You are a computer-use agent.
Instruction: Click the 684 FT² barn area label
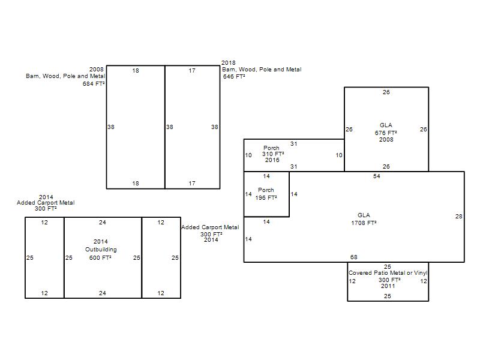pos(94,83)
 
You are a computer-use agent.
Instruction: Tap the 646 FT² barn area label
pos(234,77)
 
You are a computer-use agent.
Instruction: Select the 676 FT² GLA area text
pos(386,133)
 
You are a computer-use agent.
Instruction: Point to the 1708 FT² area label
pos(364,223)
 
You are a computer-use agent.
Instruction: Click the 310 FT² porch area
pos(273,154)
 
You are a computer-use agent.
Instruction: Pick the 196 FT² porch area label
pos(266,198)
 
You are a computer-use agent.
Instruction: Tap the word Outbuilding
pos(101,250)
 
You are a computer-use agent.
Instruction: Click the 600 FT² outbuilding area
pos(100,258)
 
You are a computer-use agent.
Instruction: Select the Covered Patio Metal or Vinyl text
pos(388,273)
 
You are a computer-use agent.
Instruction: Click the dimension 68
pos(353,257)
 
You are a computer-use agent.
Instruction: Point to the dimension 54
pos(377,176)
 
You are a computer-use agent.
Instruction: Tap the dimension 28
pos(458,217)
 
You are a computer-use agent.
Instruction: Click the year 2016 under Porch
pos(272,160)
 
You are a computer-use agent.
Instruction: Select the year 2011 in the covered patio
pos(388,286)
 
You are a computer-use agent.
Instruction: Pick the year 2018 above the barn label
pos(229,63)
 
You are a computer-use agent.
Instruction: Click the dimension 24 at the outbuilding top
pos(102,223)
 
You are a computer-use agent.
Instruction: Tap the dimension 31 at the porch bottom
pos(293,167)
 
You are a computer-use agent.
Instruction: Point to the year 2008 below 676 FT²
pos(386,140)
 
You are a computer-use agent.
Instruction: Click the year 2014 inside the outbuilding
pos(100,242)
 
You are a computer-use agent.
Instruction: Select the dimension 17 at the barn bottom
pos(192,184)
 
